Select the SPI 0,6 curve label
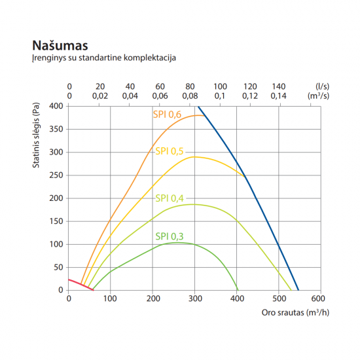point(167,115)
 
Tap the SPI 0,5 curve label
point(169,151)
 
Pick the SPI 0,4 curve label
point(170,198)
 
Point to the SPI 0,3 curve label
point(169,236)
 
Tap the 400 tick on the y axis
point(56,106)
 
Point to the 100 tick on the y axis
point(56,244)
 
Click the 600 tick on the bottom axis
point(320,298)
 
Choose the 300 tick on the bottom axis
point(194,298)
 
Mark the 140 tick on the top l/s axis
point(279,86)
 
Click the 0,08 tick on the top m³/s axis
point(190,96)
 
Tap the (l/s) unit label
point(321,86)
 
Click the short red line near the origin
point(81,285)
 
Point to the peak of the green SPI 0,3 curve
point(175,243)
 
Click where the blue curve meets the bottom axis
point(298,289)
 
